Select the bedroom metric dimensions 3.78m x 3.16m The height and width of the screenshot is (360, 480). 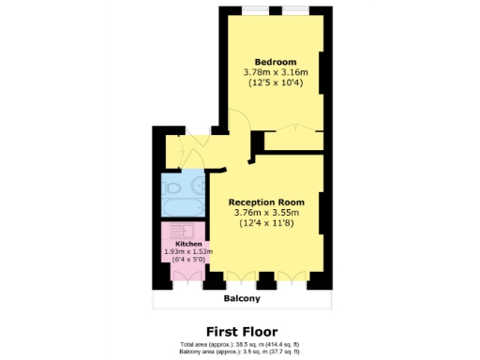click(270, 72)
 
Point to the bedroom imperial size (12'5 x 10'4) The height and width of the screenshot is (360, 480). click(270, 83)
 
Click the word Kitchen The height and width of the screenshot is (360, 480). click(188, 244)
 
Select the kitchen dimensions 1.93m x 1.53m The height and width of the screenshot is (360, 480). click(188, 251)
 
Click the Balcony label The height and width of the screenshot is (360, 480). click(241, 299)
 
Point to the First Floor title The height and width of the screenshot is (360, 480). click(241, 330)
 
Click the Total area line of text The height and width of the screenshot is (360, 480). click(241, 344)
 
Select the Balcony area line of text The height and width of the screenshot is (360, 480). click(241, 351)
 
